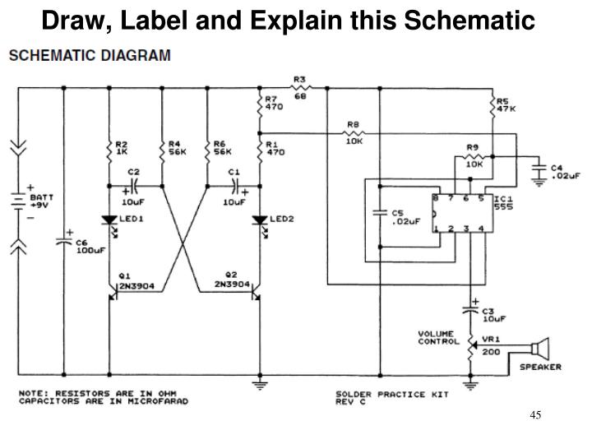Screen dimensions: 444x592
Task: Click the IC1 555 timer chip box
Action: pyautogui.click(x=462, y=214)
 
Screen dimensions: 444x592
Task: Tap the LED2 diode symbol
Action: pyautogui.click(x=261, y=220)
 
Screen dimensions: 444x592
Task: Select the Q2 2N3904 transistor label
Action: pyautogui.click(x=234, y=281)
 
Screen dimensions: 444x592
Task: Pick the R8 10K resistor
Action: pyautogui.click(x=354, y=132)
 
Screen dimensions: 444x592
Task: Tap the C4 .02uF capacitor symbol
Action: pyautogui.click(x=539, y=170)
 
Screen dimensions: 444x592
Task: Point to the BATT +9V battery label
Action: pyautogui.click(x=41, y=201)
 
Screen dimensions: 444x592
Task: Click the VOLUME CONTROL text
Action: pyautogui.click(x=437, y=337)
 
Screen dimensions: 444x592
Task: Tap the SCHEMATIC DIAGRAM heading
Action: pyautogui.click(x=90, y=56)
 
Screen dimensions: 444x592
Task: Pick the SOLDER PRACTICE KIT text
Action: pyautogui.click(x=392, y=395)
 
